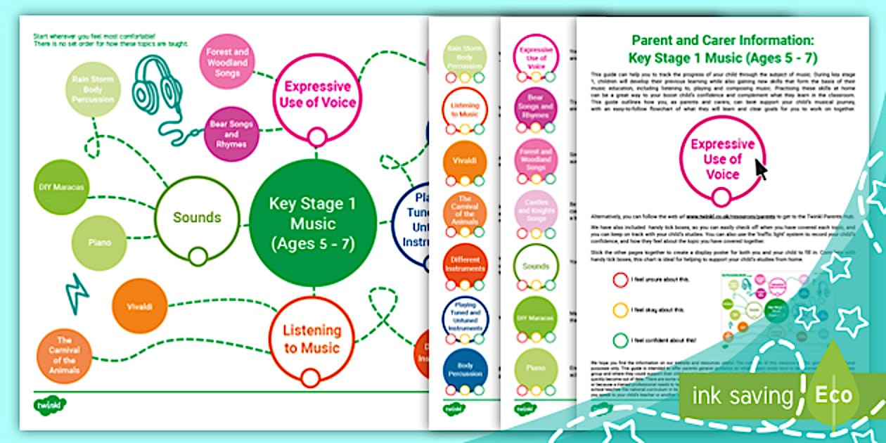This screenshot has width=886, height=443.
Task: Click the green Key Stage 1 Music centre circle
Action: tap(312, 224)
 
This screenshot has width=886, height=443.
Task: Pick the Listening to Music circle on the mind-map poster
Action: tap(311, 339)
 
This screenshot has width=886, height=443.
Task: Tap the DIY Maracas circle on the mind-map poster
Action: tap(61, 187)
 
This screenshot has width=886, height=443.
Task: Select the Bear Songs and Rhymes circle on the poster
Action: tap(232, 134)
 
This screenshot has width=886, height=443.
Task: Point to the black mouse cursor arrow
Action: tap(762, 169)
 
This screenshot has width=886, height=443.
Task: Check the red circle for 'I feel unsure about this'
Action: tap(619, 280)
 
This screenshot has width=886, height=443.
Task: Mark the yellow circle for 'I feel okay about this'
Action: tap(619, 310)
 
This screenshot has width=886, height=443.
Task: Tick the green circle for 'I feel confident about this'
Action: tap(619, 341)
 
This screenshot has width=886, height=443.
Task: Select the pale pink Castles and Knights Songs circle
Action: tap(536, 210)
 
